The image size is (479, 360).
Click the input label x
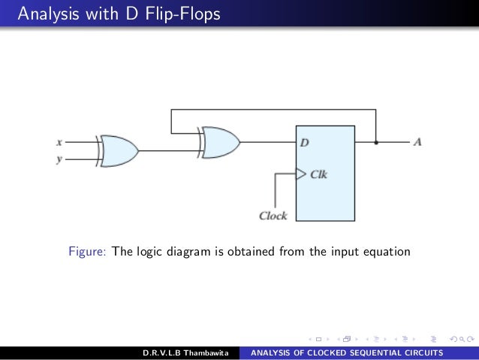pos(59,141)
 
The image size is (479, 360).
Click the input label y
pos(59,159)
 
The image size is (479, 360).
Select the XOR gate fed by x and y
pos(119,150)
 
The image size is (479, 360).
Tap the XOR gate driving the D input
pos(221,141)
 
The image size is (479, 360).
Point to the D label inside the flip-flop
pos(305,143)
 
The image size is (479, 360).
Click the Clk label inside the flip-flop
pos(319,174)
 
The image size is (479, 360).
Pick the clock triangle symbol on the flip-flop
pos(301,174)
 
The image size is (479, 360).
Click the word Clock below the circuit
pos(273,216)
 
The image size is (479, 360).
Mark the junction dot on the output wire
pos(376,141)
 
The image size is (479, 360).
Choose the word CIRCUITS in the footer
pos(421,352)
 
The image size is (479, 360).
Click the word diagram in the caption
pos(187,252)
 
